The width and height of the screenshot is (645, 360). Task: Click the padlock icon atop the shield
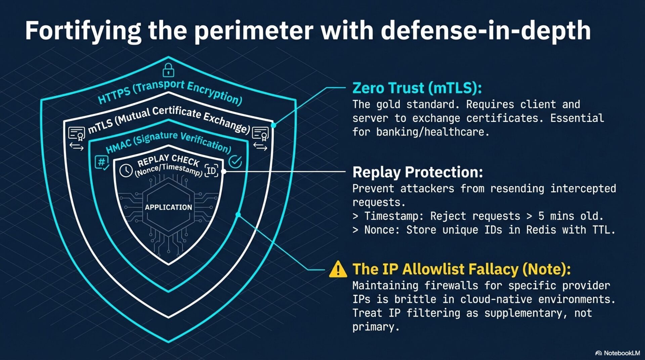click(168, 70)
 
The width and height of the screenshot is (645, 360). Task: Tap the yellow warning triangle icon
click(338, 270)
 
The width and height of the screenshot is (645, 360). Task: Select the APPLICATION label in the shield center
click(168, 207)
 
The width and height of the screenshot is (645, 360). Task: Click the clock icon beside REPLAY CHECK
click(126, 170)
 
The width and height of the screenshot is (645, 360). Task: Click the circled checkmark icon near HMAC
click(235, 162)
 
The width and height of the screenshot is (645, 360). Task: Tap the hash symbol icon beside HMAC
click(101, 162)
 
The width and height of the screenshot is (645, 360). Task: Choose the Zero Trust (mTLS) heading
click(417, 88)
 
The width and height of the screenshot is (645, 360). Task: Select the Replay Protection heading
click(418, 172)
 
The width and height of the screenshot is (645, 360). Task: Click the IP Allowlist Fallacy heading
click(461, 269)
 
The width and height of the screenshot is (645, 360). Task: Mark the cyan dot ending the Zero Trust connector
click(274, 125)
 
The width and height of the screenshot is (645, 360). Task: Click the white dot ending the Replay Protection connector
click(224, 171)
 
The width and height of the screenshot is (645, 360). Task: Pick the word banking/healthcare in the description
click(432, 132)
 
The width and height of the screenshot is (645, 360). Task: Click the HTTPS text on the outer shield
click(114, 95)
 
